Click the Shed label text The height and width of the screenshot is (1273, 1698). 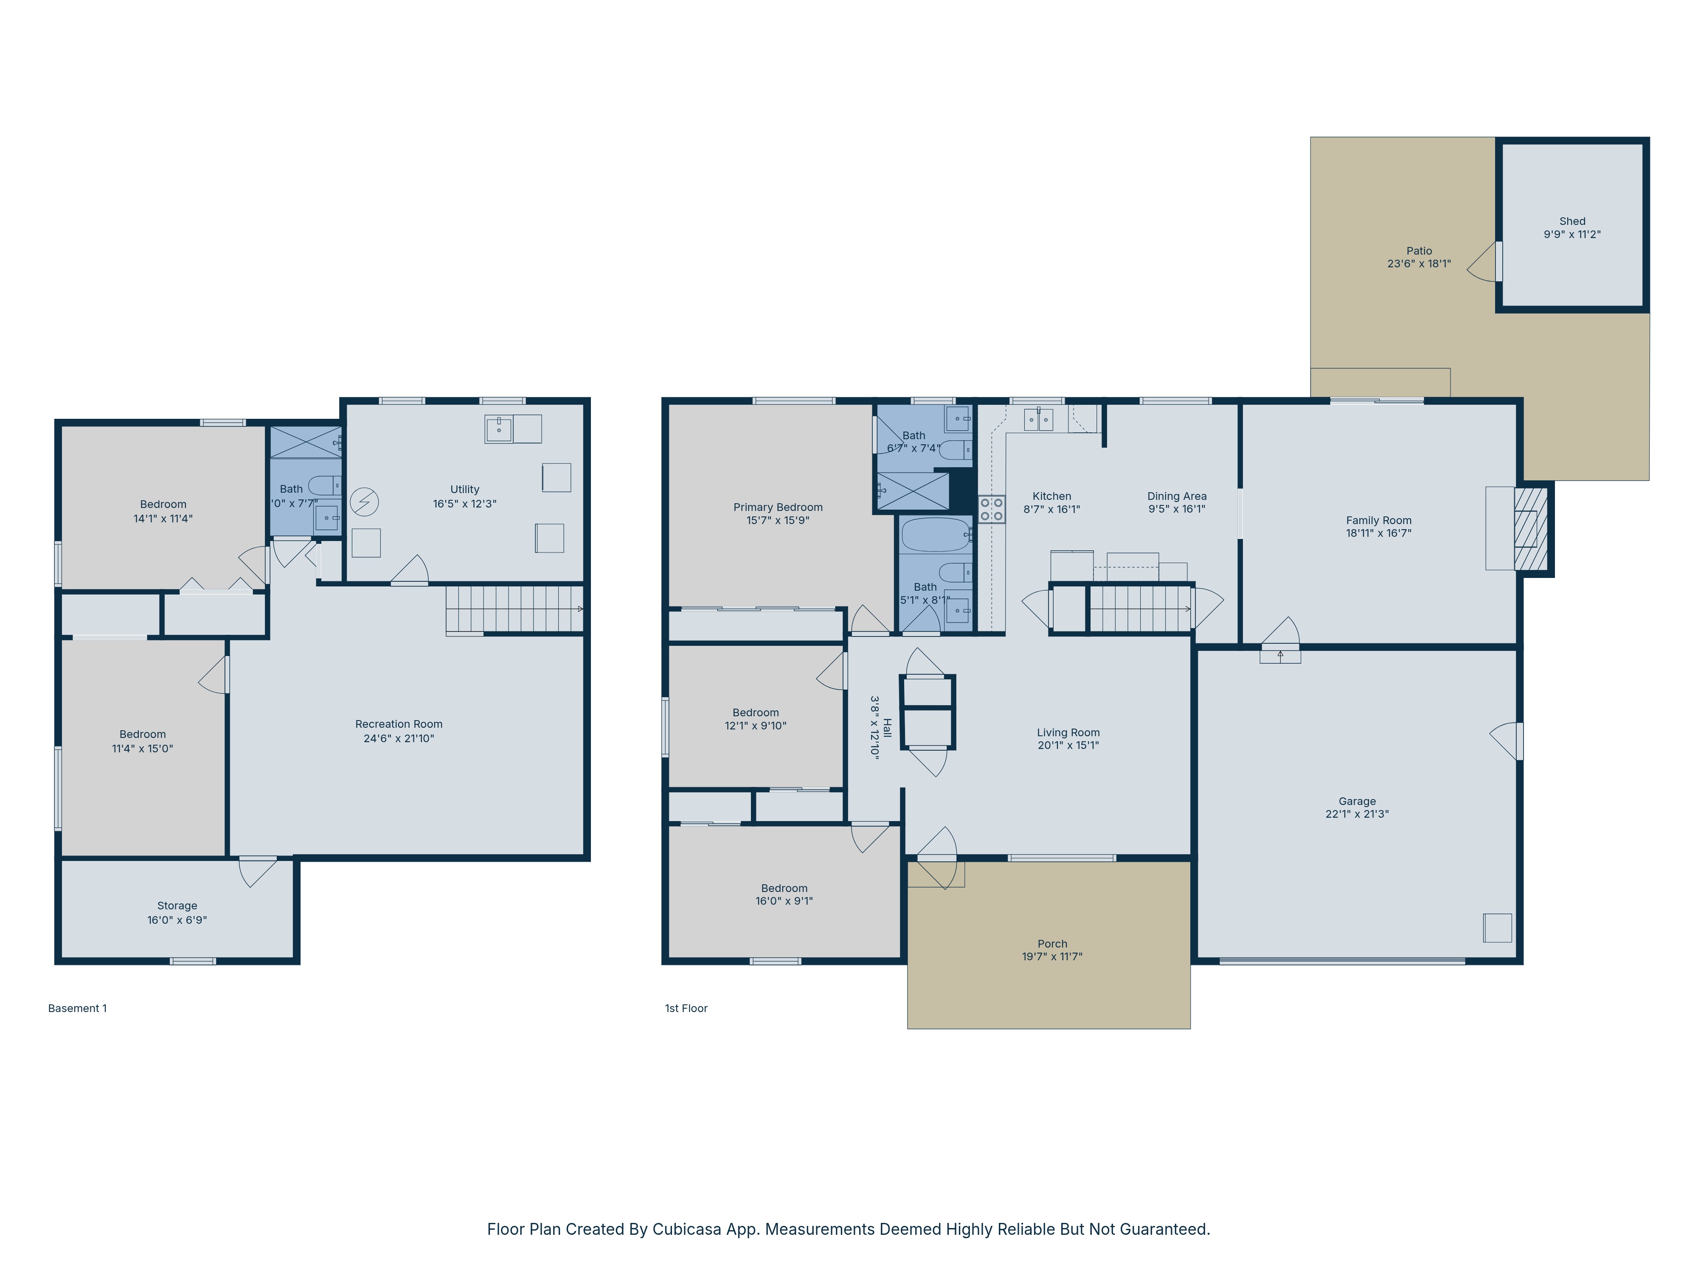(x=1571, y=221)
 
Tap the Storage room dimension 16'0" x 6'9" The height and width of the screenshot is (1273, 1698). (x=177, y=920)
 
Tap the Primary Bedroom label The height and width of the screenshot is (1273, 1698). (x=778, y=507)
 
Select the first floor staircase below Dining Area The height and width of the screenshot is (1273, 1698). (x=1140, y=608)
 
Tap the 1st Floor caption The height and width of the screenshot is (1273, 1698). (x=686, y=1008)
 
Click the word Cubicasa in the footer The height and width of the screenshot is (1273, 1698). (x=686, y=1229)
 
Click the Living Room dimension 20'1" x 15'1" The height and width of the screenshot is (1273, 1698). (x=1068, y=745)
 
